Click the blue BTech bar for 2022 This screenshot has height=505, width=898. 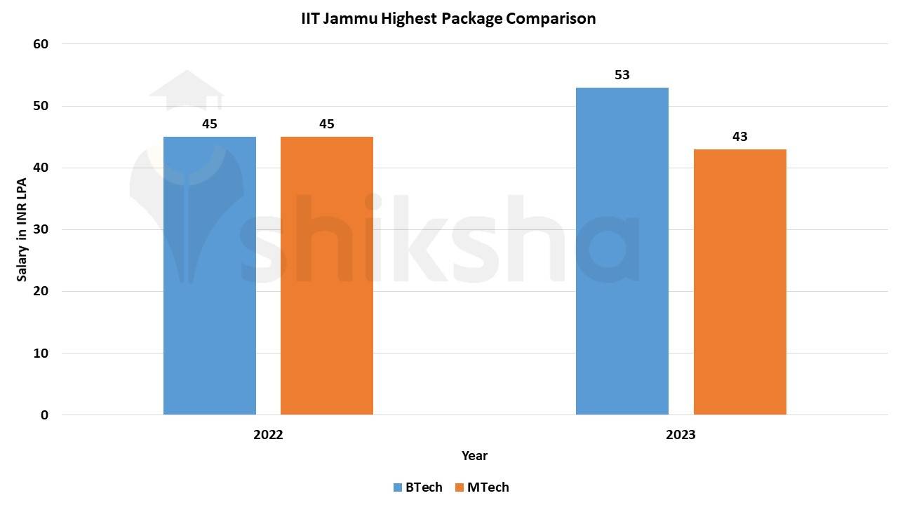coord(209,275)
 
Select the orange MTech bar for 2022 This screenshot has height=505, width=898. coord(326,275)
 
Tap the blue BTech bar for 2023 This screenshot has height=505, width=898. coord(622,250)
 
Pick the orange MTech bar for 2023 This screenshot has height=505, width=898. coord(739,281)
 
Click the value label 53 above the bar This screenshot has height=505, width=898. coord(622,75)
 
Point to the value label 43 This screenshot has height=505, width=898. coord(739,137)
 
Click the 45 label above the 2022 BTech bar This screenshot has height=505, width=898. coord(209,124)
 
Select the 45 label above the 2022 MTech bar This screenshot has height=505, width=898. coord(326,124)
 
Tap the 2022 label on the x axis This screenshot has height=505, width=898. coord(268,435)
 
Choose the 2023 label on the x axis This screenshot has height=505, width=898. coord(681,435)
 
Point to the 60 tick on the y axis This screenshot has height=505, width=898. coord(41,44)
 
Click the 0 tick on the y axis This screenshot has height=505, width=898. coord(44,415)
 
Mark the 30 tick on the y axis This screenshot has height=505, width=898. coord(41,229)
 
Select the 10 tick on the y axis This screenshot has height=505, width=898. coord(41,353)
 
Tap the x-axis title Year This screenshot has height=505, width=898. coord(474,456)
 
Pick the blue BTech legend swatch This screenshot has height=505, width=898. coord(397,487)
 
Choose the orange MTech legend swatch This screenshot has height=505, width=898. coord(459,487)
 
